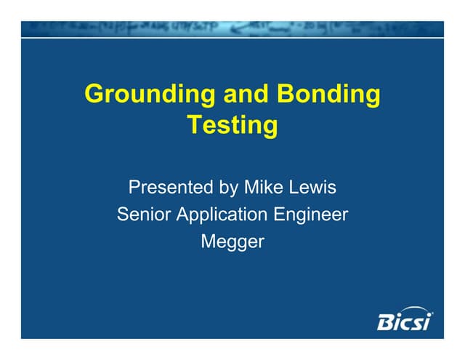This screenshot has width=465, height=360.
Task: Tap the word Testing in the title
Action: pyautogui.click(x=232, y=125)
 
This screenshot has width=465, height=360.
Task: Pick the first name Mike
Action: pyautogui.click(x=262, y=188)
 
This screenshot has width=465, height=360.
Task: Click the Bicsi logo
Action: pyautogui.click(x=404, y=320)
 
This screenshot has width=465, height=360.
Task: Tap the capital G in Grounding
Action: pyautogui.click(x=94, y=95)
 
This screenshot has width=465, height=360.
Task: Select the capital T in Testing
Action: pyautogui.click(x=194, y=124)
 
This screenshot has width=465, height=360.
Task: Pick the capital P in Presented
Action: pyautogui.click(x=134, y=188)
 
